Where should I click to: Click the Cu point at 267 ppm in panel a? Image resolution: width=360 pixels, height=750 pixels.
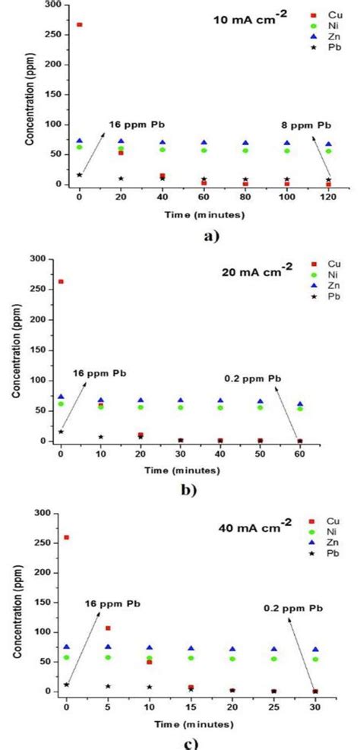tap(80, 24)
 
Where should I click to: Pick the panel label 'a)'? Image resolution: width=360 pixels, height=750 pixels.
tap(211, 236)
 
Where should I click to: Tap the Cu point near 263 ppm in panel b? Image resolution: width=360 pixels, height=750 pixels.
tap(61, 282)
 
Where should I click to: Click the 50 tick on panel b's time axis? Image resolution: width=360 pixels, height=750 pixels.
tap(260, 452)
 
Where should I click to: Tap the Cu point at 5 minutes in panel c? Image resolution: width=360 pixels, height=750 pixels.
tap(108, 628)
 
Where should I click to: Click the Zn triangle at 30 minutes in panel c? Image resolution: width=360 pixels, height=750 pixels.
tap(315, 650)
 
